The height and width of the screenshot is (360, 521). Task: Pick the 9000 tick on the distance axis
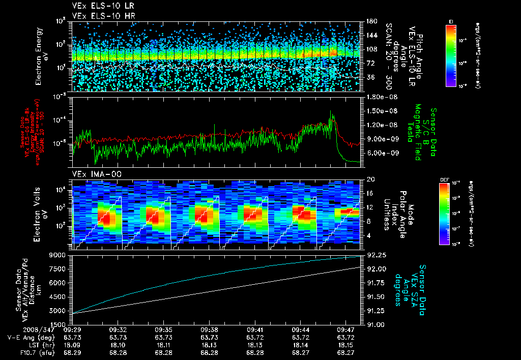coord(60,255)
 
